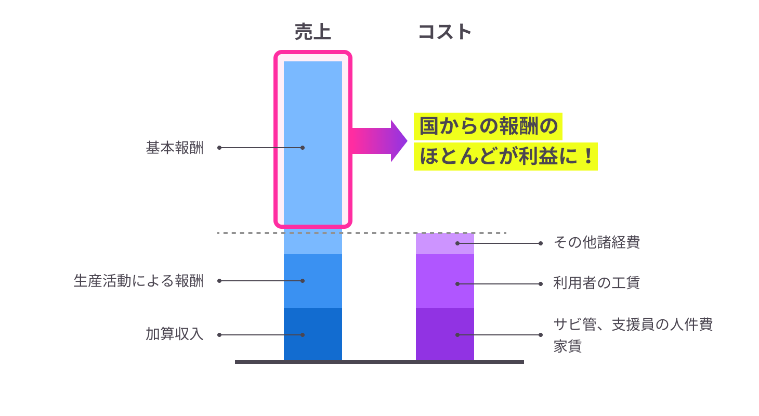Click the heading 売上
pyautogui.click(x=312, y=32)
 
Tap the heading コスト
pyautogui.click(x=444, y=32)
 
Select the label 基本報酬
pyautogui.click(x=175, y=148)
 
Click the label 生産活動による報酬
pyautogui.click(x=138, y=281)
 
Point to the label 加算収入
pyautogui.click(x=175, y=335)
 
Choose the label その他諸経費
pyautogui.click(x=597, y=243)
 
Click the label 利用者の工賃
pyautogui.click(x=597, y=283)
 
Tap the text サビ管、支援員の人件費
pyautogui.click(x=633, y=324)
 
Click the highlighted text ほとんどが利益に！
pyautogui.click(x=505, y=157)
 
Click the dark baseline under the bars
pyautogui.click(x=379, y=362)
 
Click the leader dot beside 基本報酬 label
pyautogui.click(x=219, y=148)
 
